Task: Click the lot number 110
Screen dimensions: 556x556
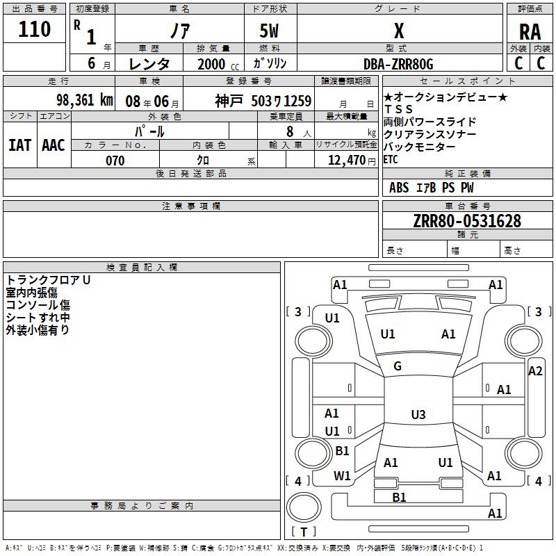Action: point(35,30)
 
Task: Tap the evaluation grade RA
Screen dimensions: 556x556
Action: point(530,32)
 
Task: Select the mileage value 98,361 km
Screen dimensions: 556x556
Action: point(84,100)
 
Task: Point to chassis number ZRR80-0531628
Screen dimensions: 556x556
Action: point(467,221)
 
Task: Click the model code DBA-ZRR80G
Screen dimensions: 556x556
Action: point(399,64)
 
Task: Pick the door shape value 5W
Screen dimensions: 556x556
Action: point(270,32)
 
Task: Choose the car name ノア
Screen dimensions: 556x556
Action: point(177,33)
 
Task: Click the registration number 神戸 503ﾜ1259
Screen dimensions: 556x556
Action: point(263,101)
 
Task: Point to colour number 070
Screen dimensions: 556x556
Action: point(115,161)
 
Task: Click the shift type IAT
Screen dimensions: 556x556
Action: point(19,145)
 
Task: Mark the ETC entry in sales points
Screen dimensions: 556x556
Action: point(391,159)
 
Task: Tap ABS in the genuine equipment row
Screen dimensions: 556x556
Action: point(399,188)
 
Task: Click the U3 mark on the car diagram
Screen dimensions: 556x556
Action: point(418,415)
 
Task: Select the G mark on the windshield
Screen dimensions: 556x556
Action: point(398,366)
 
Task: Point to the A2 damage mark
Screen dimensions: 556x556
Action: point(535,371)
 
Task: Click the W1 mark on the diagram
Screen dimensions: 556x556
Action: point(342,476)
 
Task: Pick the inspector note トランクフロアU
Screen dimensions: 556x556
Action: point(49,279)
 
